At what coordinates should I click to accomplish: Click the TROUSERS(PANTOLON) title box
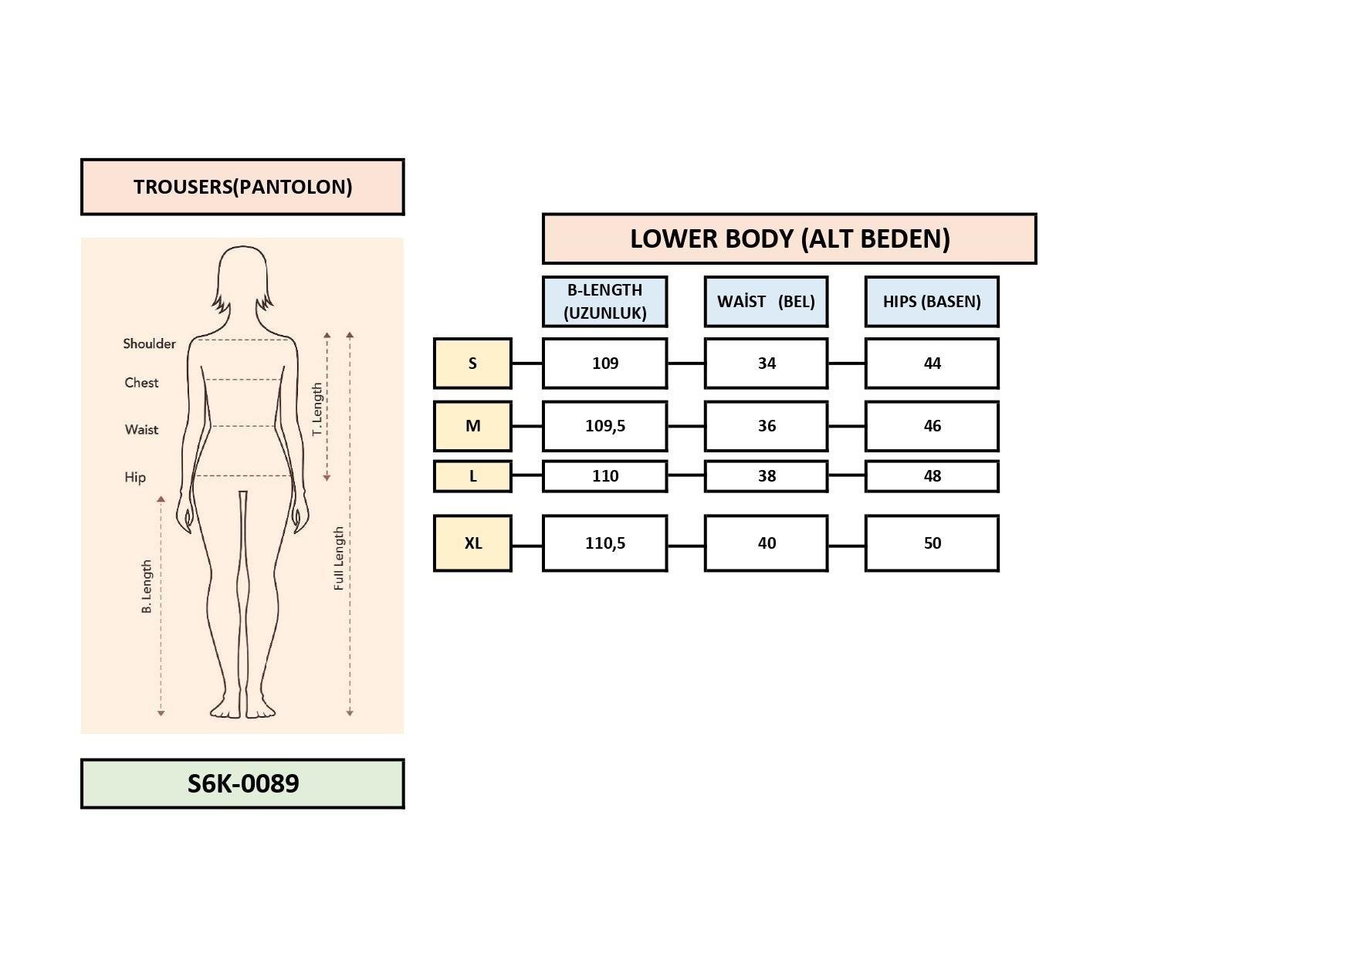coord(242,187)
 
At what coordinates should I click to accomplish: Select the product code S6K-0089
coord(242,783)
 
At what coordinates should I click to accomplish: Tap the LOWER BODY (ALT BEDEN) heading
coord(789,238)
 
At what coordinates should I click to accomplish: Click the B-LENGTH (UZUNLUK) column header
coord(604,301)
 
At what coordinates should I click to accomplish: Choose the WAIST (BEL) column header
coord(766,301)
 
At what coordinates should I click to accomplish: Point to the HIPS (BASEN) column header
coord(932,301)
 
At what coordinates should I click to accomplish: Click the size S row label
coord(472,363)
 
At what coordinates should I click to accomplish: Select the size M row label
coord(472,425)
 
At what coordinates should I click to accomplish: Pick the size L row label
coord(472,475)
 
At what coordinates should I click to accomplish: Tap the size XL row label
coord(472,543)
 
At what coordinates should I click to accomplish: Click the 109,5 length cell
coord(604,425)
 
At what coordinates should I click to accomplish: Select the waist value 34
coord(766,363)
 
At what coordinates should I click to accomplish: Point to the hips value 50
coord(932,543)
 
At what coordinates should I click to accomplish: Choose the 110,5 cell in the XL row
coord(604,543)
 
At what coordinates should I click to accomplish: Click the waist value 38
coord(766,475)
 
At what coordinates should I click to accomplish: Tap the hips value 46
coord(932,425)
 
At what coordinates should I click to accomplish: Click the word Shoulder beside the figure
coord(149,343)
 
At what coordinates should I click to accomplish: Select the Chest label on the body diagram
coord(141,382)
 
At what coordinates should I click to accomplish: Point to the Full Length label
coord(339,559)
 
